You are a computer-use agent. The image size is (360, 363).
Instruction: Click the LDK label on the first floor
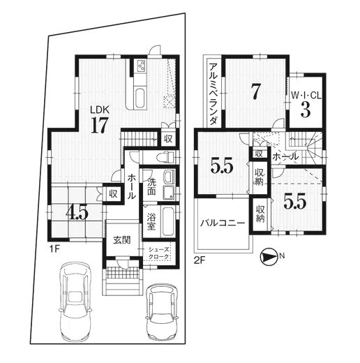(x=100, y=110)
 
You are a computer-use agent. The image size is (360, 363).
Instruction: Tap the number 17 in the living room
(x=100, y=125)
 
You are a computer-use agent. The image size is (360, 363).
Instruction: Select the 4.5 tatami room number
(x=77, y=214)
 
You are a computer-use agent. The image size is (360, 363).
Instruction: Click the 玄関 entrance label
(x=122, y=240)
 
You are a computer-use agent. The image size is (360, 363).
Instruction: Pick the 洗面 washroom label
(x=151, y=186)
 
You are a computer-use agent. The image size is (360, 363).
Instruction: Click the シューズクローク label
(x=158, y=253)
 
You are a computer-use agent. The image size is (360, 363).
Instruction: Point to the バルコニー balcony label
(x=223, y=223)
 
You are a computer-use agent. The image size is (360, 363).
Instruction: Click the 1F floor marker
(x=55, y=250)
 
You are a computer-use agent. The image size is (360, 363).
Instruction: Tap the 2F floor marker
(x=200, y=260)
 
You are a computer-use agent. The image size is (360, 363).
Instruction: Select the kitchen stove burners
(x=141, y=66)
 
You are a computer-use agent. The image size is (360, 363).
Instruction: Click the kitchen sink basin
(x=140, y=98)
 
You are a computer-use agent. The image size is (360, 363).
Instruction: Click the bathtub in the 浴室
(x=168, y=221)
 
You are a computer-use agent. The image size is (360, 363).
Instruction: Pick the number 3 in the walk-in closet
(x=306, y=110)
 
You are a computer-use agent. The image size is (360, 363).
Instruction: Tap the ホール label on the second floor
(x=285, y=157)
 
